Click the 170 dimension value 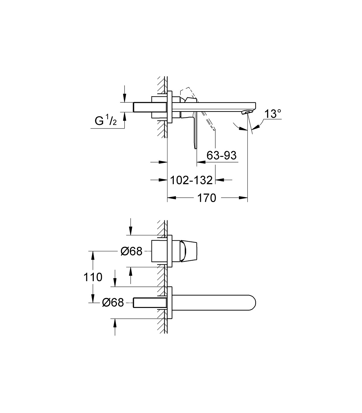tap(206, 198)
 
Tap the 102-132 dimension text tap(191, 180)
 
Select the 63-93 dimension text tap(221, 155)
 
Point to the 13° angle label tap(273, 114)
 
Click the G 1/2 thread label tap(106, 120)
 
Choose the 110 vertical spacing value tap(93, 277)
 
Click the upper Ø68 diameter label tap(132, 251)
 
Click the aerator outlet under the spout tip tap(247, 112)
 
